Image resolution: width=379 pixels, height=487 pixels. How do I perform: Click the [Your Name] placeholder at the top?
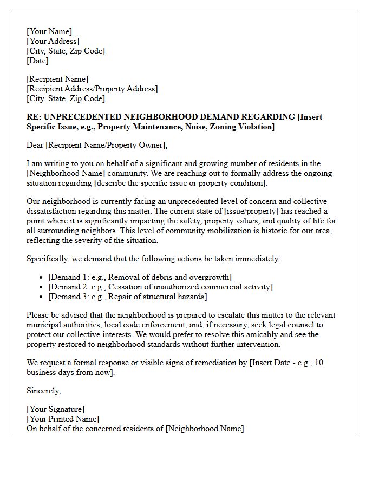pyautogui.click(x=49, y=31)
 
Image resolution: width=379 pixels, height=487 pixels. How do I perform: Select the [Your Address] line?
pyautogui.click(x=53, y=41)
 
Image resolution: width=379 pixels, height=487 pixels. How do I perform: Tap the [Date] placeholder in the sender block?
pyautogui.click(x=37, y=61)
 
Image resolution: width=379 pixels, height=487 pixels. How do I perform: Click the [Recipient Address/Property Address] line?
pyautogui.click(x=92, y=89)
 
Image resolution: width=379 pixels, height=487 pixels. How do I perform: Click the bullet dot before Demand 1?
pyautogui.click(x=42, y=278)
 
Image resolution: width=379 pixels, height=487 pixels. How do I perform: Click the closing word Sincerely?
pyautogui.click(x=44, y=390)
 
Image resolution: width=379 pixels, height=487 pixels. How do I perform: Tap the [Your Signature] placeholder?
pyautogui.click(x=55, y=409)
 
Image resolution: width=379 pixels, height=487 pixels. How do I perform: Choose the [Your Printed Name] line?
pyautogui.click(x=63, y=419)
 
